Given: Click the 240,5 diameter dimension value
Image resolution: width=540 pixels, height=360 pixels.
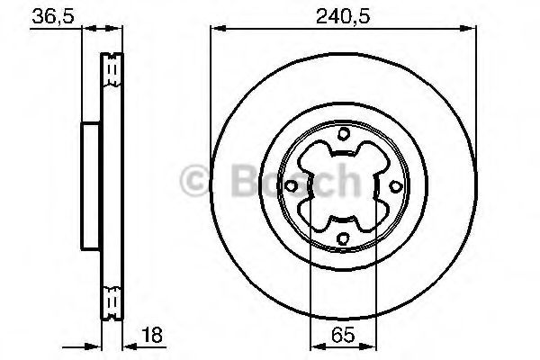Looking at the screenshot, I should pos(344,15).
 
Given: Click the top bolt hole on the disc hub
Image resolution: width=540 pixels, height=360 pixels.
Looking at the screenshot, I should pos(344,135).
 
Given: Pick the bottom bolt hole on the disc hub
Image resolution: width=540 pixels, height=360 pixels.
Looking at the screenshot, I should pos(344,238).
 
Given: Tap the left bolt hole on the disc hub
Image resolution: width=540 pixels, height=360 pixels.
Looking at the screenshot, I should pos(292,186).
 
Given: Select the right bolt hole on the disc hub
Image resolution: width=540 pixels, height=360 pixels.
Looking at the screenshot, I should pos(396,186).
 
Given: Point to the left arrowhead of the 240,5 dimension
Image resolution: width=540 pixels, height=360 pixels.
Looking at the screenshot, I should pos(216,31).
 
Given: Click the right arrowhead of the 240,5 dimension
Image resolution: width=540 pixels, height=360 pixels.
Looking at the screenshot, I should pos(472,31).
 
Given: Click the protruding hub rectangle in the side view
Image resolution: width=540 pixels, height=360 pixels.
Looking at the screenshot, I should pos(90,186).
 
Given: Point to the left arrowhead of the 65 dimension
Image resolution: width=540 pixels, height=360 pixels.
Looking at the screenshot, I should pos(313,346).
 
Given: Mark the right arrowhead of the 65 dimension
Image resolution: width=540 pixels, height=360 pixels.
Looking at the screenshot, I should pos(373,346).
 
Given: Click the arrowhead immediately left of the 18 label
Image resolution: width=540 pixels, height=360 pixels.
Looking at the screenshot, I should pos(128,346).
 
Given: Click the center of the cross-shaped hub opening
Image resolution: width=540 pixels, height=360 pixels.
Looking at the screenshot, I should pos(344,186).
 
